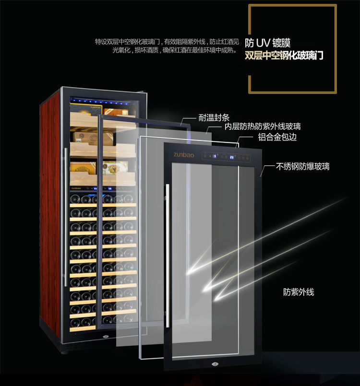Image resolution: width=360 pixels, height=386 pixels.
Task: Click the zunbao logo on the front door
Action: click(x=184, y=155)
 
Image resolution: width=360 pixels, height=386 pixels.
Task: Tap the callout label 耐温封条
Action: click(x=214, y=117)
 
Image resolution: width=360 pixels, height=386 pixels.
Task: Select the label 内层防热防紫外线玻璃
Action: click(x=263, y=126)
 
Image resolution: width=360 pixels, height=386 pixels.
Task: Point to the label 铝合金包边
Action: click(x=277, y=137)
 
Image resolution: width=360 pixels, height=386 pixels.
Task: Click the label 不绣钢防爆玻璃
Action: click(x=302, y=166)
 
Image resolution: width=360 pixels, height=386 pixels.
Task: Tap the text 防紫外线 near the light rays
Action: click(x=299, y=292)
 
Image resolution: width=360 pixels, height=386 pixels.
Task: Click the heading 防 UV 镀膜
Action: click(x=267, y=43)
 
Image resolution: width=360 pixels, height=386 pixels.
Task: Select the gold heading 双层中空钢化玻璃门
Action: click(x=284, y=56)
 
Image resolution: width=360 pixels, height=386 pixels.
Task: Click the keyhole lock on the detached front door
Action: click(x=215, y=364)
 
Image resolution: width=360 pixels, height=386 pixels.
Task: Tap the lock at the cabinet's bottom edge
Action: click(x=106, y=336)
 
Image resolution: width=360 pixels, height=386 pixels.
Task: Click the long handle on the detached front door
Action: click(x=168, y=256)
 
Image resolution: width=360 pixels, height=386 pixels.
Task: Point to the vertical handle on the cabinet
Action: click(x=66, y=217)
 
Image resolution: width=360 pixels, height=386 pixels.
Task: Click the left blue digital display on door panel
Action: click(x=215, y=156)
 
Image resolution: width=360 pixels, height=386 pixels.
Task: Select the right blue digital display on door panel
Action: click(x=232, y=157)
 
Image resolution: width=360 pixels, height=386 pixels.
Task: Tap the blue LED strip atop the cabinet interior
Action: click(x=104, y=102)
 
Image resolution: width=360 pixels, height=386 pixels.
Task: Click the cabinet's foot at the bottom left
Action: click(x=64, y=352)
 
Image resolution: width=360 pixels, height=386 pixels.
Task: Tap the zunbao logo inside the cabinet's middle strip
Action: click(x=76, y=188)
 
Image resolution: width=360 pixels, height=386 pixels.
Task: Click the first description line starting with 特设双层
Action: click(x=167, y=42)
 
